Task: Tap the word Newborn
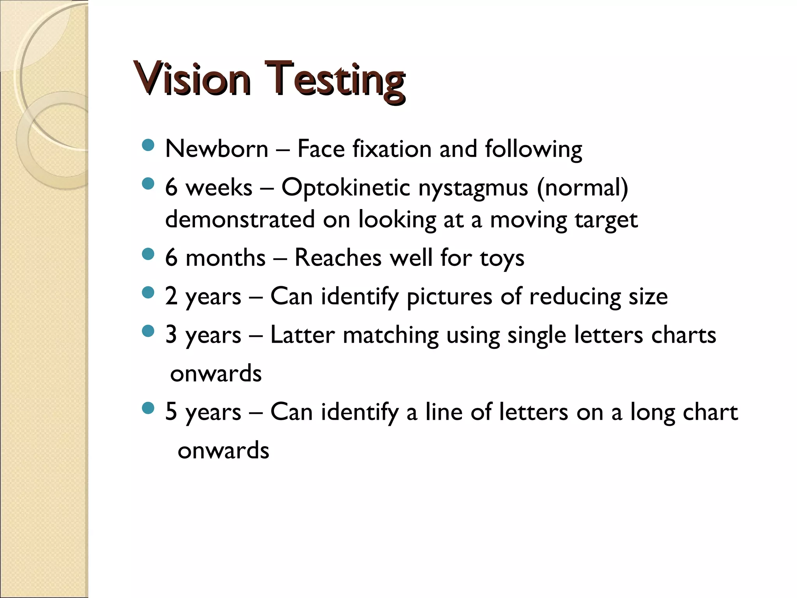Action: pos(217,149)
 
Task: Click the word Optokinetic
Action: pos(346,187)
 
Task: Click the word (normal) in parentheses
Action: pos(583,188)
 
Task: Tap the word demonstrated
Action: pos(240,219)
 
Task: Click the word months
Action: pos(226,258)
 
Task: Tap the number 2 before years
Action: pos(171,296)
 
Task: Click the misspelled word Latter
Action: pos(302,335)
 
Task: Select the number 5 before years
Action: pos(171,412)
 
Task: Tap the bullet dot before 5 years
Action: pos(148,408)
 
